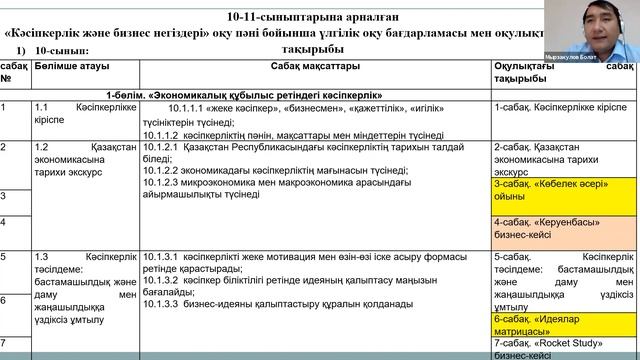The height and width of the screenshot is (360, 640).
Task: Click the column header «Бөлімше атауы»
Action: [71, 66]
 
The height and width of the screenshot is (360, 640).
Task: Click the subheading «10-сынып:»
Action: [62, 49]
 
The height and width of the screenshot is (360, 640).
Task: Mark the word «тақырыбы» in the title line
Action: [307, 48]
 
